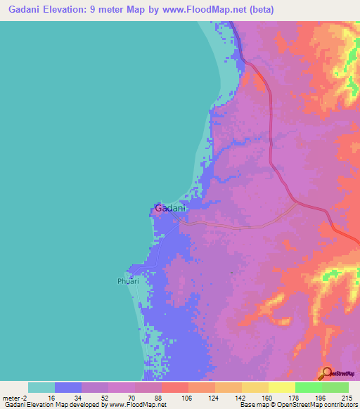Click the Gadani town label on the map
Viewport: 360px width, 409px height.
pyautogui.click(x=170, y=208)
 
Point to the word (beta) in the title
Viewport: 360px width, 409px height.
pyautogui.click(x=259, y=10)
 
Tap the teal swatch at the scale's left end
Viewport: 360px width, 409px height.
pyautogui.click(x=41, y=387)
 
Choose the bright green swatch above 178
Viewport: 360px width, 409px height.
pyautogui.click(x=309, y=387)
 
